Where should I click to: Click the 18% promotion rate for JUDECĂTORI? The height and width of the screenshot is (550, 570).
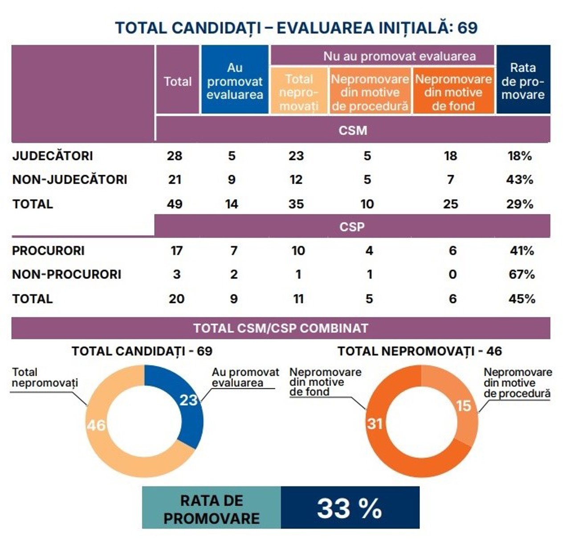coord(520,156)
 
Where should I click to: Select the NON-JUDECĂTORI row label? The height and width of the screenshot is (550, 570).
coord(69,180)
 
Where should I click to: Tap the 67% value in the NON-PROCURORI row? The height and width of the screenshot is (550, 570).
coord(521,275)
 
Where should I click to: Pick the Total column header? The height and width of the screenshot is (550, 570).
coord(178,82)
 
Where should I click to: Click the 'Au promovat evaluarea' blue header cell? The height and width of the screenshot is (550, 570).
coord(235,81)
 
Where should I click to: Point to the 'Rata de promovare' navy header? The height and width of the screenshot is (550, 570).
coord(523,81)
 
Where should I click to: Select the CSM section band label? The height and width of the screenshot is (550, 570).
coord(353,131)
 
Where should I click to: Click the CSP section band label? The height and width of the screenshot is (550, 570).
coord(352,226)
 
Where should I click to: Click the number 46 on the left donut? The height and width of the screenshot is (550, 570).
coord(96,425)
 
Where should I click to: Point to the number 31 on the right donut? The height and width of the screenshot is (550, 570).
coord(375,423)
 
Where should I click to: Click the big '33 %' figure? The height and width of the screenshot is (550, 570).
coord(350,508)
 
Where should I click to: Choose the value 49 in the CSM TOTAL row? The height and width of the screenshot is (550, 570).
coord(175,204)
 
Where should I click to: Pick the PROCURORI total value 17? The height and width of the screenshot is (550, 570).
coord(177,251)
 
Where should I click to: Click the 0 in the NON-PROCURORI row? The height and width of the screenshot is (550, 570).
coord(452,275)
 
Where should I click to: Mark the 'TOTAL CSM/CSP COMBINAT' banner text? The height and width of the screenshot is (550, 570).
coord(281,328)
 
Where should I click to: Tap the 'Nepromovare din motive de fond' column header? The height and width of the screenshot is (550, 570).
coord(453,92)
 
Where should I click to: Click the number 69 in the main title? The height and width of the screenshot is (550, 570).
coord(468,28)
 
